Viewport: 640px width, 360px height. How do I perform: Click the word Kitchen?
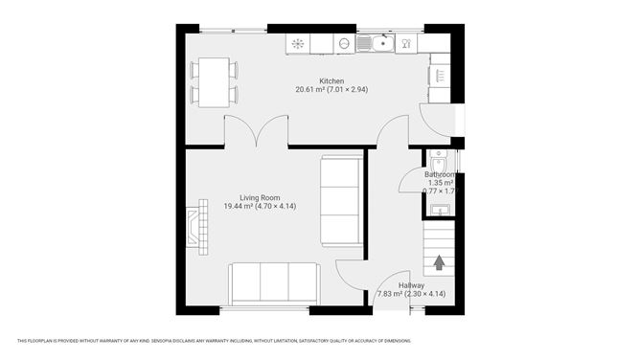(x=331, y=81)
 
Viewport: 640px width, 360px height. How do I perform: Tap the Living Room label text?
(x=246, y=197)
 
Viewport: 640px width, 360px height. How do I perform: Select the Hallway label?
(x=412, y=284)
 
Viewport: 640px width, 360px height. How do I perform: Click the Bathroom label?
(x=441, y=174)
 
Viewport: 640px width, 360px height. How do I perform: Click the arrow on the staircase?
(x=440, y=261)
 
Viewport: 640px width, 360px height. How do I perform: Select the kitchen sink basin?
(x=372, y=42)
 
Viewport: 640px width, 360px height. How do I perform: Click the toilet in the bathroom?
(x=439, y=160)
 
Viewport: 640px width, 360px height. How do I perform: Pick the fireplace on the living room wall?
(x=197, y=227)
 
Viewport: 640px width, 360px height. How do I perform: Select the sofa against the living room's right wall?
(x=341, y=199)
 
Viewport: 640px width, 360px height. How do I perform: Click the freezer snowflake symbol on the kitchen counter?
(x=297, y=43)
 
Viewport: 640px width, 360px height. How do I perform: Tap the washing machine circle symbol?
(x=343, y=43)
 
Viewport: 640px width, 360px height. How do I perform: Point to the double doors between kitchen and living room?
(x=256, y=132)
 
